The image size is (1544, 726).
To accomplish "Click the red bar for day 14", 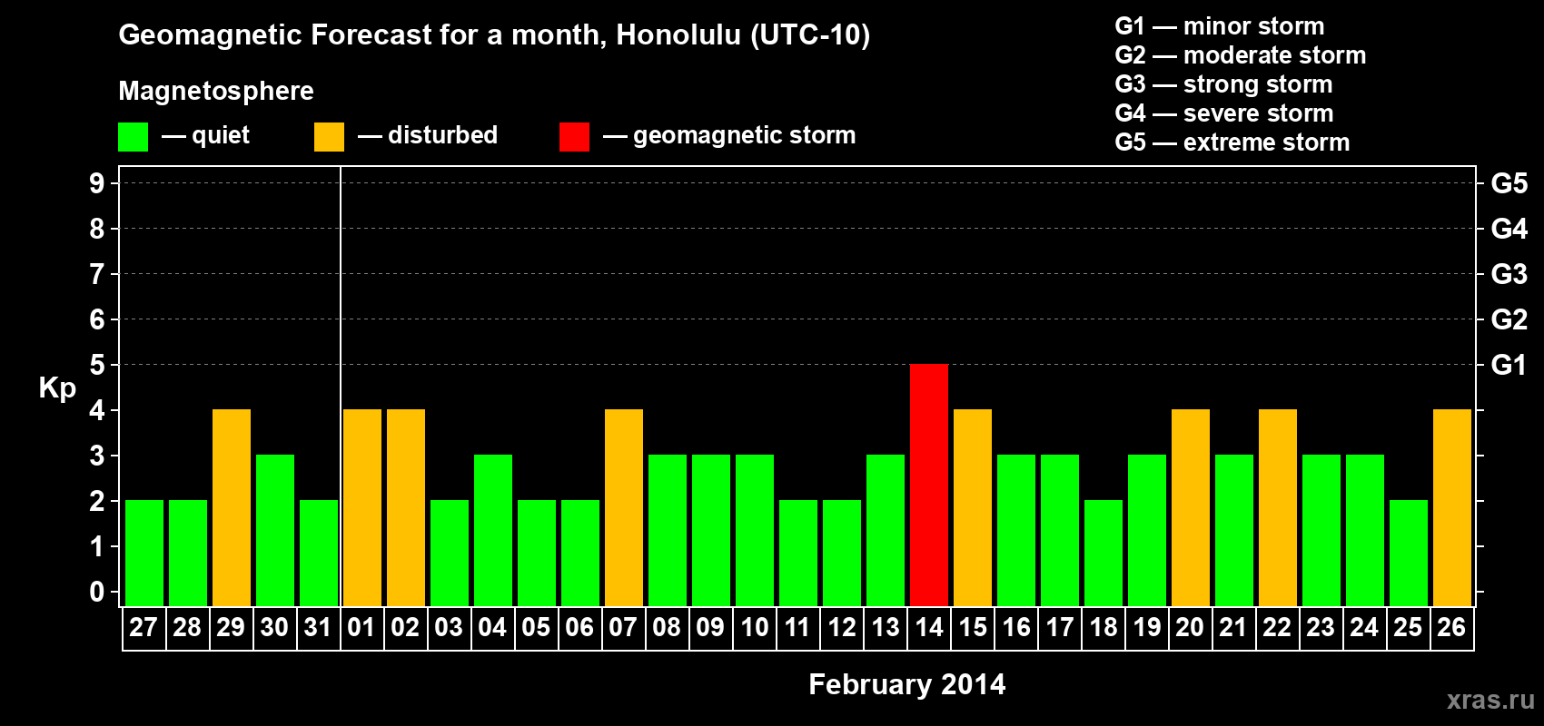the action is pos(928,485).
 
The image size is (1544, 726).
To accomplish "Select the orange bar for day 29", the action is pos(232,507).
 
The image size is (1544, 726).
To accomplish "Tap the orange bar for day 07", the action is pos(624,507).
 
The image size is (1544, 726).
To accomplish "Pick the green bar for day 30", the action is pos(275,530).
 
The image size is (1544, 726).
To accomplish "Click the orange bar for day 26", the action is pos(1451,507).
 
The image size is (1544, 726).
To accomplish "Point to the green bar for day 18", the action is pos(1103,553).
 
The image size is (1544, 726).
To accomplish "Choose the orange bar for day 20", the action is pos(1191,507).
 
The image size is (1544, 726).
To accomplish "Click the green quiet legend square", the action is pos(133,136).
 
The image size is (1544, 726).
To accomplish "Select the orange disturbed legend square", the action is pos(329,136).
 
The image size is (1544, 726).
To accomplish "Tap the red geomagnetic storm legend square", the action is pos(574,136).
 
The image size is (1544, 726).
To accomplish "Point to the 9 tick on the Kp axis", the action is pos(96,183).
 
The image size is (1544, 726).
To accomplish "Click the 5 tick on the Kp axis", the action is pos(96,365).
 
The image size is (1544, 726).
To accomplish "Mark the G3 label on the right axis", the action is pos(1509,274).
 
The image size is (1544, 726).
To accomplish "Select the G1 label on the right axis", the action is pos(1509,365).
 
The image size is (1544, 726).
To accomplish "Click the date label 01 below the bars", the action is pos(361,627).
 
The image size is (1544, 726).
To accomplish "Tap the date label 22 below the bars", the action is pos(1277,627).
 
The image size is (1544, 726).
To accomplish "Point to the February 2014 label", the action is pos(907,684).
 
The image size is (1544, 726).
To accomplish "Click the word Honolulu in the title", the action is pos(678,34).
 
